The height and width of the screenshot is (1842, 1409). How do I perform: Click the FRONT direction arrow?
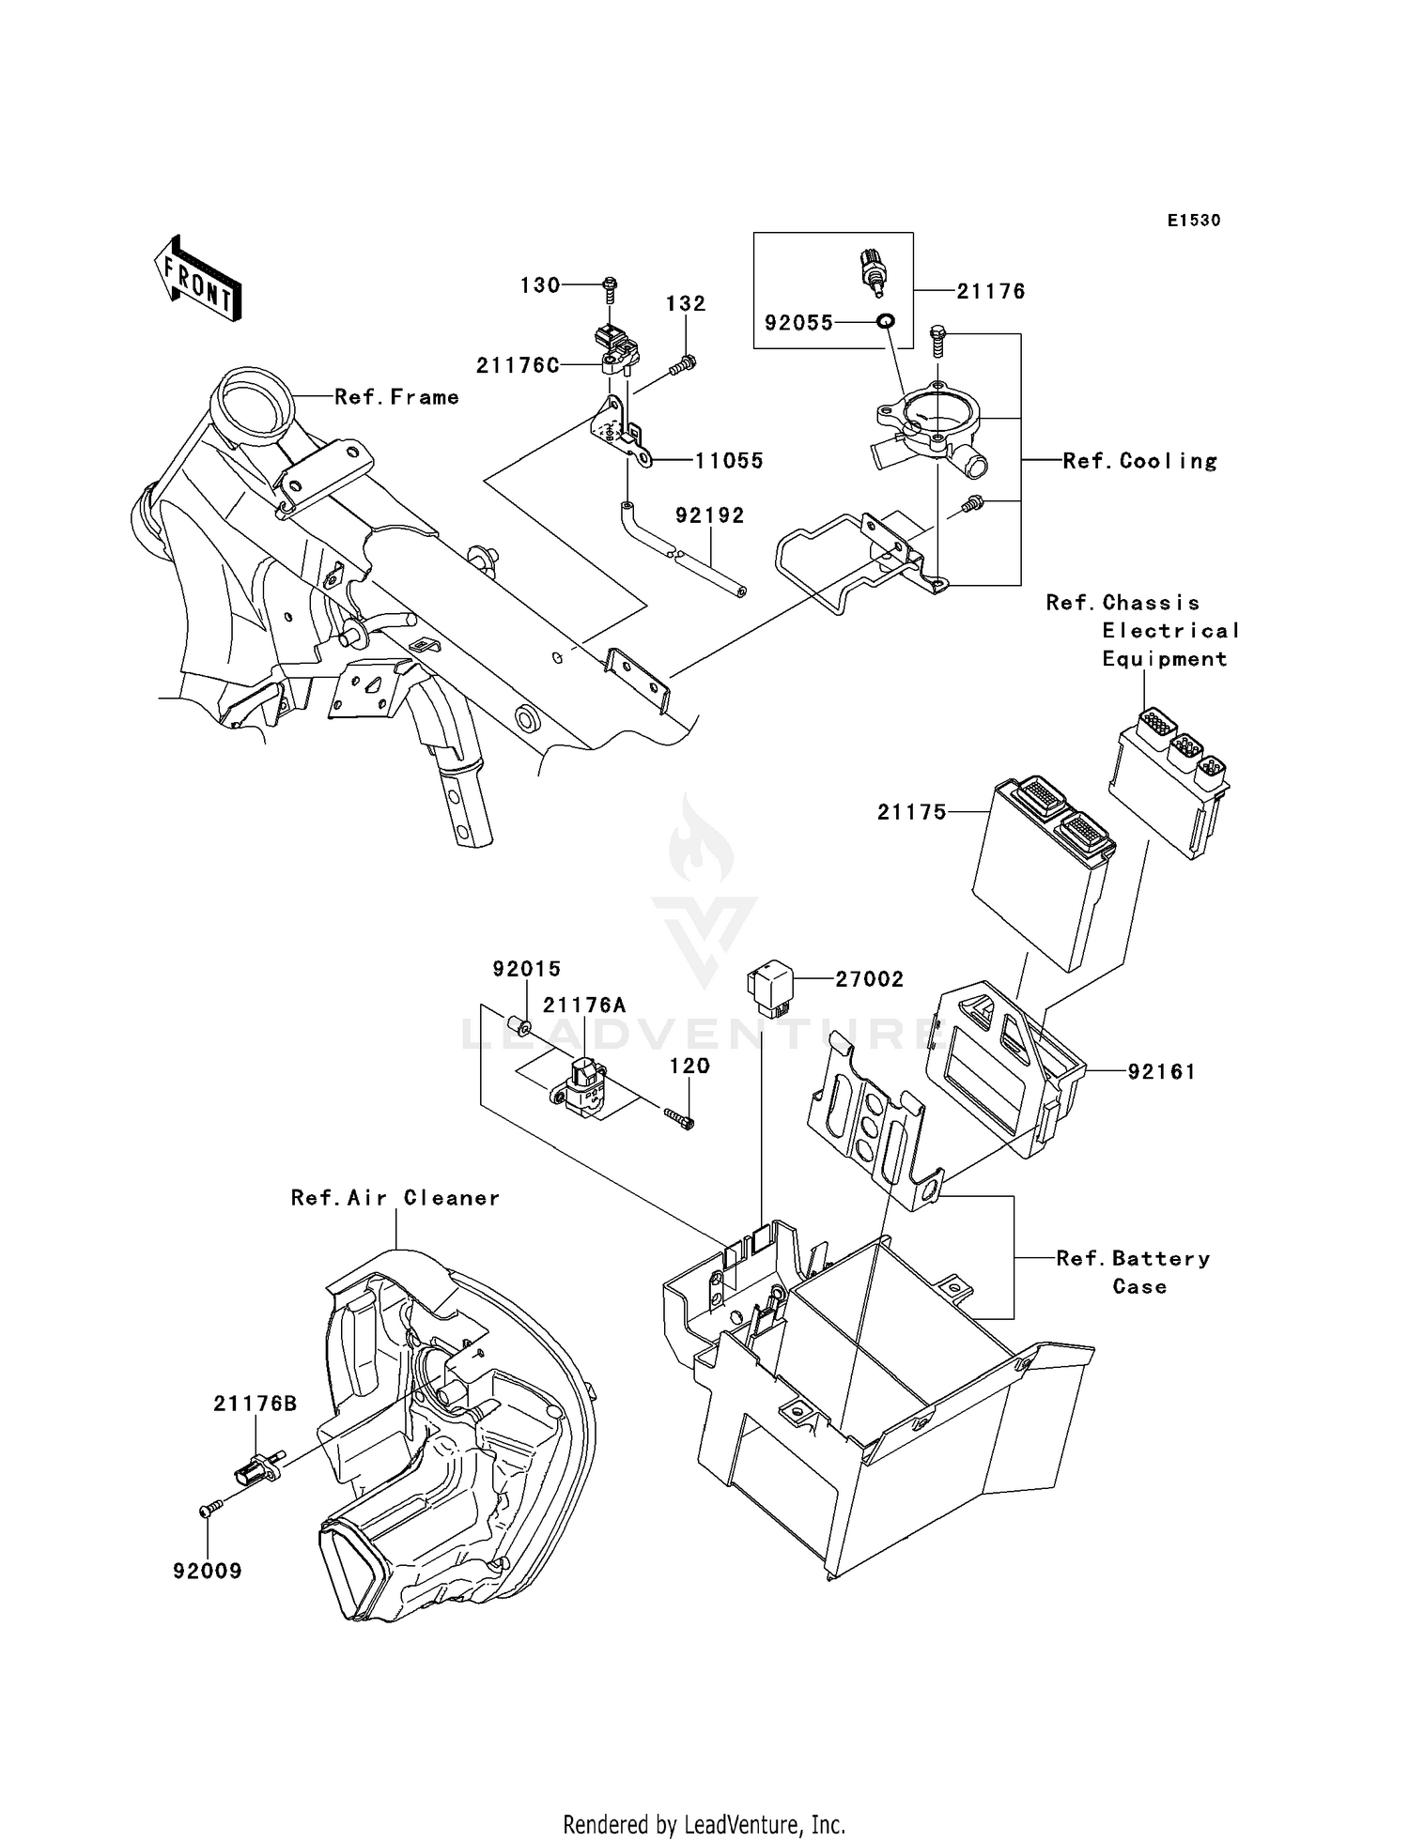tap(197, 280)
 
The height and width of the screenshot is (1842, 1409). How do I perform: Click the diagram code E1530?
tap(1193, 221)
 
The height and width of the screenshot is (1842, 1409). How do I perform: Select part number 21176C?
tap(518, 366)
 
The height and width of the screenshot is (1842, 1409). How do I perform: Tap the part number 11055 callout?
tap(729, 461)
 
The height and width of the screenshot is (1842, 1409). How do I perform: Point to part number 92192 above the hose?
tap(710, 515)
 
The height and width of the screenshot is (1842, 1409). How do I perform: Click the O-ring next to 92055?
tap(885, 322)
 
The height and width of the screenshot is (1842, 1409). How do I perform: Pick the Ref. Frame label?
tap(396, 397)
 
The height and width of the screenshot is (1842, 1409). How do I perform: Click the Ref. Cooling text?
tap(1139, 461)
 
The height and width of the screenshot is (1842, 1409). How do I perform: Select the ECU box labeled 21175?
tap(1038, 873)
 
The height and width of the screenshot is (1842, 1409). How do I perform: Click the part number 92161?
tap(1161, 1071)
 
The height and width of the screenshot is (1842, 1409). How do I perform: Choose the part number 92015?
tap(527, 968)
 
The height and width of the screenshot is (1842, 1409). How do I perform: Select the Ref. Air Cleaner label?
tap(395, 1198)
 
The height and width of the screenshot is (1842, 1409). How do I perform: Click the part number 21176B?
tap(255, 1404)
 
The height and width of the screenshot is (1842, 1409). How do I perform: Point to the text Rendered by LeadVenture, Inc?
tap(704, 1824)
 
